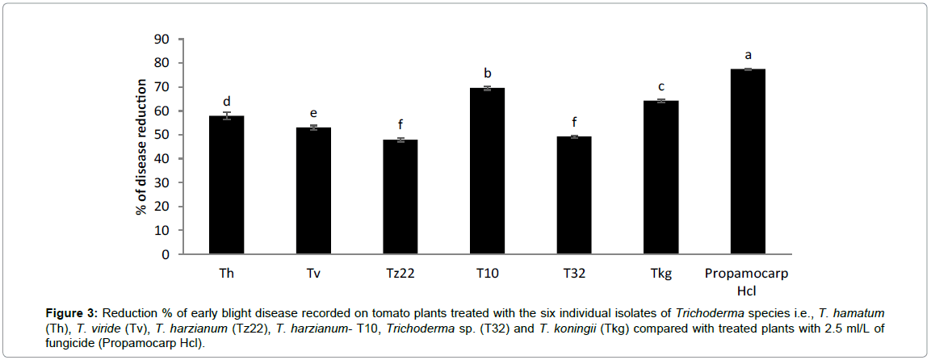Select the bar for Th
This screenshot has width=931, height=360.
pos(227,186)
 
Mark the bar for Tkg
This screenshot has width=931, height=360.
pos(661,178)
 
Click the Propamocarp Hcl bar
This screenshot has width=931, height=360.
pos(748,162)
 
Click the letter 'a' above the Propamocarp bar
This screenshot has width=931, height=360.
pos(748,56)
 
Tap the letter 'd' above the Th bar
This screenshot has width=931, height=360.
pos(227,102)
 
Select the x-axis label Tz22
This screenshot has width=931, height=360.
pos(400,274)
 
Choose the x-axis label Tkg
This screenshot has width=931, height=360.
pos(661,274)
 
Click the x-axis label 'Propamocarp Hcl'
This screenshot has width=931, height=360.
pos(748,281)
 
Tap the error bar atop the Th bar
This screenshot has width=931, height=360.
pos(227,116)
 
